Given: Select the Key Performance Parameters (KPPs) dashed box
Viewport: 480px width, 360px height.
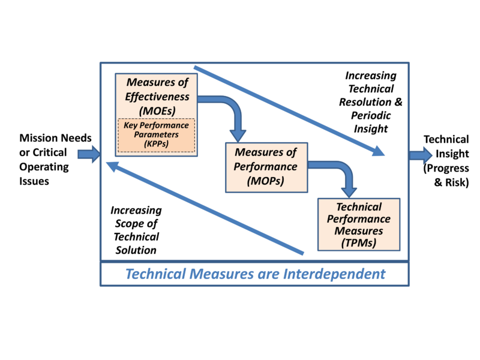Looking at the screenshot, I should (155, 136).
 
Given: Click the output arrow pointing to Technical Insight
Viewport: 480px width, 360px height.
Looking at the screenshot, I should (420, 155).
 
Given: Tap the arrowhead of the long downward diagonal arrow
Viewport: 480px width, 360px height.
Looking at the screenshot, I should (377, 151).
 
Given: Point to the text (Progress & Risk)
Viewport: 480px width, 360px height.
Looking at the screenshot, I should (446, 176).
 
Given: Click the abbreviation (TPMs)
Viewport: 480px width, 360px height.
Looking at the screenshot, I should (358, 244).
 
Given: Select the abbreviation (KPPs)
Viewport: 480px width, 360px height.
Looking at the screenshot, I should (155, 144).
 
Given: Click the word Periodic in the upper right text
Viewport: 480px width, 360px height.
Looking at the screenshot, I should (371, 115).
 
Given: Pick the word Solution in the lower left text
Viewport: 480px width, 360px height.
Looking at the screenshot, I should (136, 250).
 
